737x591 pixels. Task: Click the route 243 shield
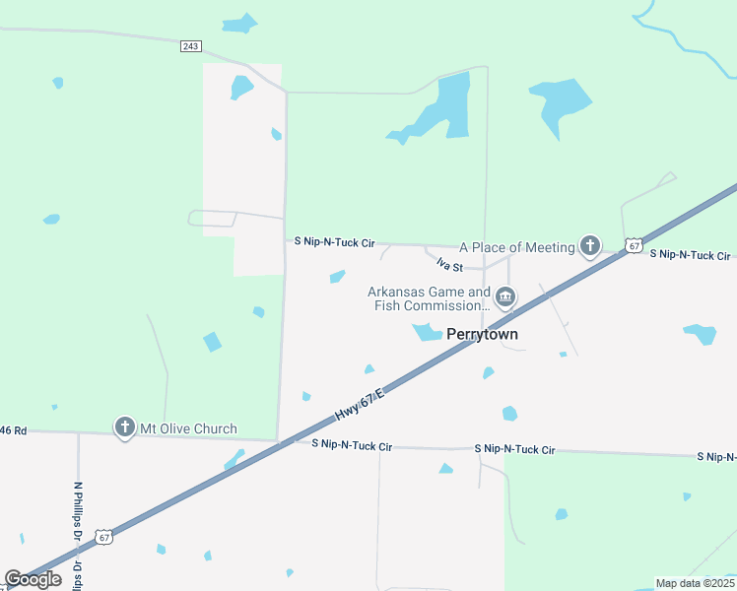[x=191, y=46]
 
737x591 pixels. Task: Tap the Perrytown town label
[x=483, y=335]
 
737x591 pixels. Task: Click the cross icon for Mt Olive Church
[x=124, y=427]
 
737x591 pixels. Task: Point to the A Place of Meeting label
[x=516, y=247]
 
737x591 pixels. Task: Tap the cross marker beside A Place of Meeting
[x=590, y=245]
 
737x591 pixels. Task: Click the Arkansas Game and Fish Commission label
[x=429, y=298]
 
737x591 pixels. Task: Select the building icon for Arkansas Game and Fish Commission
[x=505, y=296]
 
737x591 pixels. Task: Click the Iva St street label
[x=449, y=266]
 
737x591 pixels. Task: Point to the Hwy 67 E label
[x=357, y=406]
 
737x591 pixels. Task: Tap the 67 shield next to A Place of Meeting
[x=634, y=244]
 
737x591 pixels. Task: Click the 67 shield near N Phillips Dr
[x=104, y=536]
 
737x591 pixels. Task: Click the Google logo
[x=33, y=579]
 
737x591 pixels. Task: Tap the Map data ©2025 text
[x=695, y=583]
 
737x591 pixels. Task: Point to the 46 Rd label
[x=14, y=430]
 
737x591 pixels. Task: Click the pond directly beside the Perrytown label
[x=427, y=333]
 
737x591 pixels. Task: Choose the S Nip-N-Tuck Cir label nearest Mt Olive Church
[x=352, y=445]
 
